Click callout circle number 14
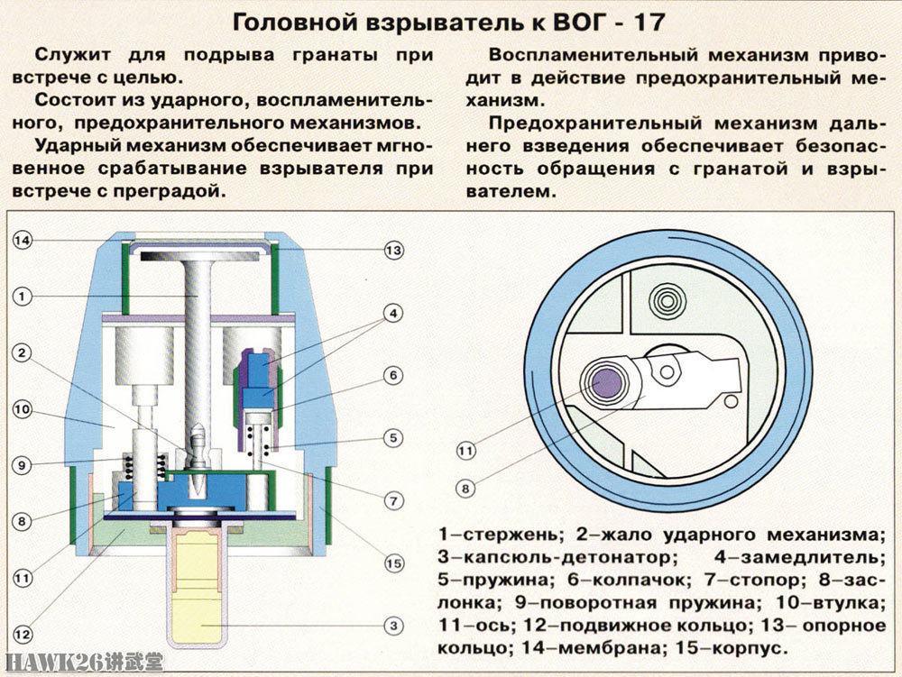coord(23,241)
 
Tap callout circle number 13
coord(393,251)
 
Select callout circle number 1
coord(23,295)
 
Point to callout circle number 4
coord(393,315)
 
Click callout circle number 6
coord(393,374)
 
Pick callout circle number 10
coord(23,409)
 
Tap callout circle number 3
coord(393,624)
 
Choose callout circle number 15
coord(393,563)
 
